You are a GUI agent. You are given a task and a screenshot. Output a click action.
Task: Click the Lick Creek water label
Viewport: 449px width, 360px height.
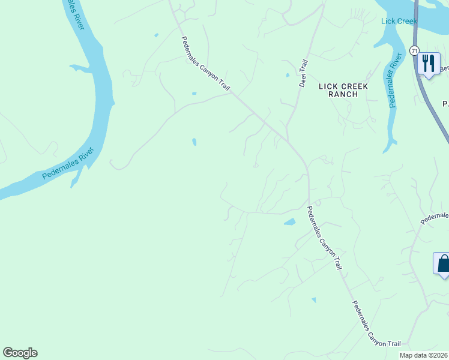point(399,22)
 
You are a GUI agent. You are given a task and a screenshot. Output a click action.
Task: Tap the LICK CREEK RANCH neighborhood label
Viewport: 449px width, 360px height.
point(343,90)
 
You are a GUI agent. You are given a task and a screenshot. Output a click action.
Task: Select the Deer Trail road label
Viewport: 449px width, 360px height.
point(303,73)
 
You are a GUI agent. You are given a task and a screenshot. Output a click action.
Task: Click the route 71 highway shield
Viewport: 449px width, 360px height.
point(415,51)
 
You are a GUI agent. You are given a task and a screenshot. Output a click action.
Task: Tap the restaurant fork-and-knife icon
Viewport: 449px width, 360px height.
point(428,63)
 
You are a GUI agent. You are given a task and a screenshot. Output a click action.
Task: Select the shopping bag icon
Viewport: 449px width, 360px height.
point(443,263)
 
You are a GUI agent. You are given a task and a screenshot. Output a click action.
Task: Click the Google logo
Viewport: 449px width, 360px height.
point(20,353)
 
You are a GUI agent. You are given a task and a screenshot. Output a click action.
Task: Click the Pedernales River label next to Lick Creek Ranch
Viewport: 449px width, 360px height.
point(394,80)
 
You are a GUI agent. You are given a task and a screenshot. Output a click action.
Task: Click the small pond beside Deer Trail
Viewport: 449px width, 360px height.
point(288,75)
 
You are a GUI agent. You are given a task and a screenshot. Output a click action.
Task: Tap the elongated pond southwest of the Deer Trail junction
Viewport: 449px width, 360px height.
point(194,142)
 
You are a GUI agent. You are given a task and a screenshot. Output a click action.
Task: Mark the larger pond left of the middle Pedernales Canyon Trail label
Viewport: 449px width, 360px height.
point(289,222)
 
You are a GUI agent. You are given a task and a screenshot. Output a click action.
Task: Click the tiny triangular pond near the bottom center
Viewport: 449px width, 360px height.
point(313,299)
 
